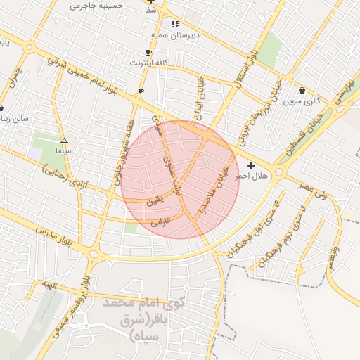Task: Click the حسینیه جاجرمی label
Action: [x=97, y=6]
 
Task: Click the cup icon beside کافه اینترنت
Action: [x=148, y=52]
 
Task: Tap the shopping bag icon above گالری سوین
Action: [x=302, y=90]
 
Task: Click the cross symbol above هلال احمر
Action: [x=252, y=165]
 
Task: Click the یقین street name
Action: [x=154, y=202]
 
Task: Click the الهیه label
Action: [x=47, y=284]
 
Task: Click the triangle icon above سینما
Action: [x=65, y=141]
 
